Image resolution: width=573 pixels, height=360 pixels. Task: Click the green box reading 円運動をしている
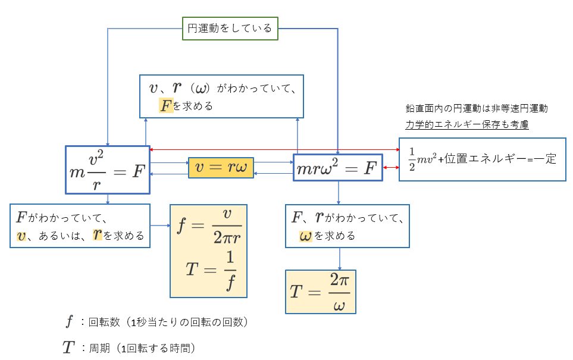pos(230,29)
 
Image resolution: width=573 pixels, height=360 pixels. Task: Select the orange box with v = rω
pos(221,168)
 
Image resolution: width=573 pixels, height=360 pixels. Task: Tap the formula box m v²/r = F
pos(108,170)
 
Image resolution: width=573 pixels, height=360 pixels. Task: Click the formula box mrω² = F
pos(338,168)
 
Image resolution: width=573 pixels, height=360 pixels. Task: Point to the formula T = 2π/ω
pos(321,292)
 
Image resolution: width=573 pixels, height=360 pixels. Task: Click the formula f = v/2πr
pos(209,227)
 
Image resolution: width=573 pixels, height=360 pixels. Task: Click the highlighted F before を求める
pos(166,106)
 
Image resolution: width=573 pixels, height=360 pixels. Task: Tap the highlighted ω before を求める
pos(305,236)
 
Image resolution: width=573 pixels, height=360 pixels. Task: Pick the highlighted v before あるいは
pos(21,236)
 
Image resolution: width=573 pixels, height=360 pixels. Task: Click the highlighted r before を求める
pos(97,234)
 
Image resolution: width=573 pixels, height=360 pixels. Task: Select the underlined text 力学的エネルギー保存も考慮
pos(467,124)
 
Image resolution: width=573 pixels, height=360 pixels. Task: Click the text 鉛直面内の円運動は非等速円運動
pos(477,108)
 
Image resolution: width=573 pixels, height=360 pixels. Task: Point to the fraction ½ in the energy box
pos(412,159)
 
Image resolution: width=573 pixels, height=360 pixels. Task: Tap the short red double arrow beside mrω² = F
pos(391,167)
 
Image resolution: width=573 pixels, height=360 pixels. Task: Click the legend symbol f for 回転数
pos(69,321)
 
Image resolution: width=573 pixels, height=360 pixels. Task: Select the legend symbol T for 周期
pos(68,348)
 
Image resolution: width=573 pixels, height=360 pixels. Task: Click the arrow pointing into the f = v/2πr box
pos(161,226)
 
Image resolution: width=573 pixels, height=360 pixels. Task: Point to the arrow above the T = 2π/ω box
pos(340,259)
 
